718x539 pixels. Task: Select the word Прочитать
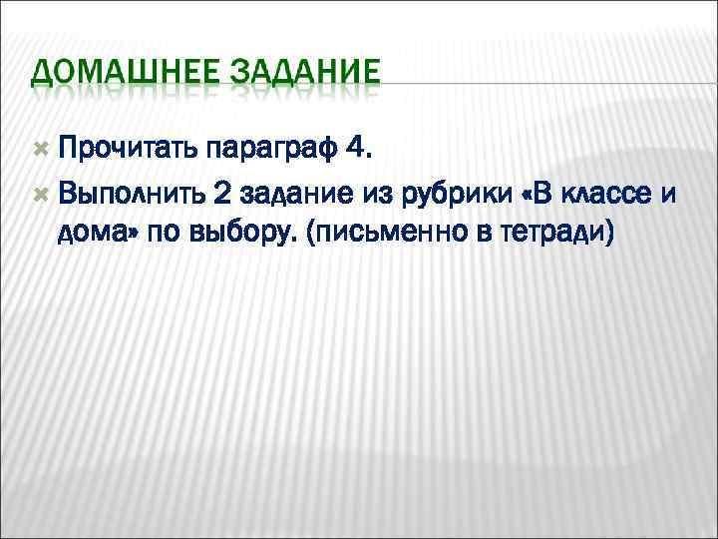point(127,151)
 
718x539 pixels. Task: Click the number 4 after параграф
point(356,151)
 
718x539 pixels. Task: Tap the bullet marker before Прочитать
point(40,150)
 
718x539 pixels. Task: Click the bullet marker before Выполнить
point(40,190)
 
